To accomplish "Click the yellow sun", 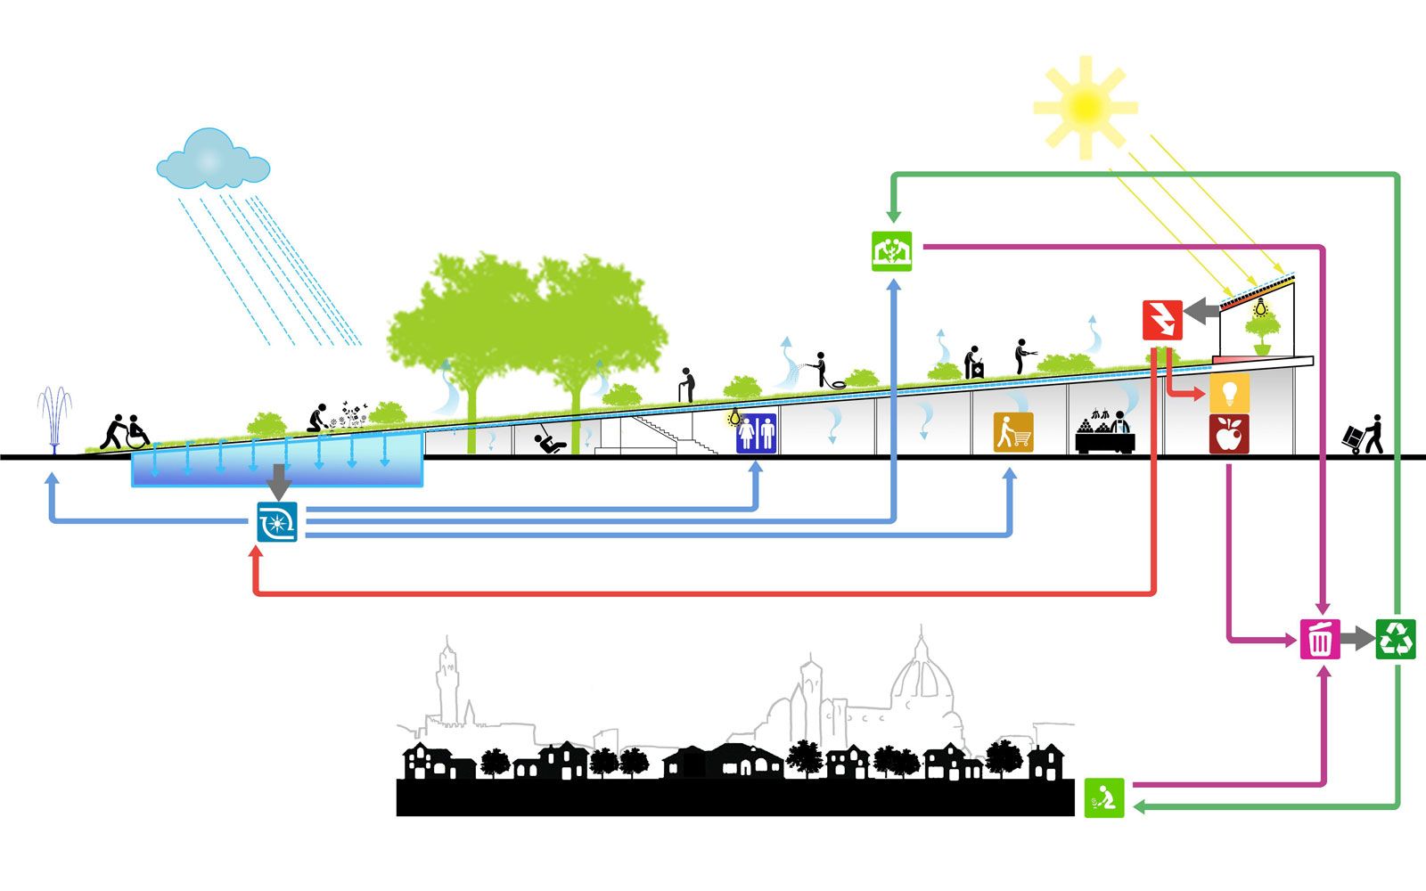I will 1085,107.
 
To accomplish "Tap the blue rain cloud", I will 212,160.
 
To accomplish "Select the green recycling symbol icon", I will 1396,638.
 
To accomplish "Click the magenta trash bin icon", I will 1320,638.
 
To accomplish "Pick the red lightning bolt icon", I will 1163,320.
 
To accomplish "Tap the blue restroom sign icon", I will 756,433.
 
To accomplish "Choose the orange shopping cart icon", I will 1014,432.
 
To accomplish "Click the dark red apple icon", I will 1229,434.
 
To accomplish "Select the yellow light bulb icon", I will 1229,391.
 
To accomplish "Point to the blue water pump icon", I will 276,521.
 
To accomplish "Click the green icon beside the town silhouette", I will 1104,797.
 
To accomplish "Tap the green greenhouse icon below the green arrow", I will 891,250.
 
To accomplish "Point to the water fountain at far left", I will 55,419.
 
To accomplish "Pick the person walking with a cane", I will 686,385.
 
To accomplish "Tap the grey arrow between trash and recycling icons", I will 1356,638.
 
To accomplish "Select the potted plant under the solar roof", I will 1262,334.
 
